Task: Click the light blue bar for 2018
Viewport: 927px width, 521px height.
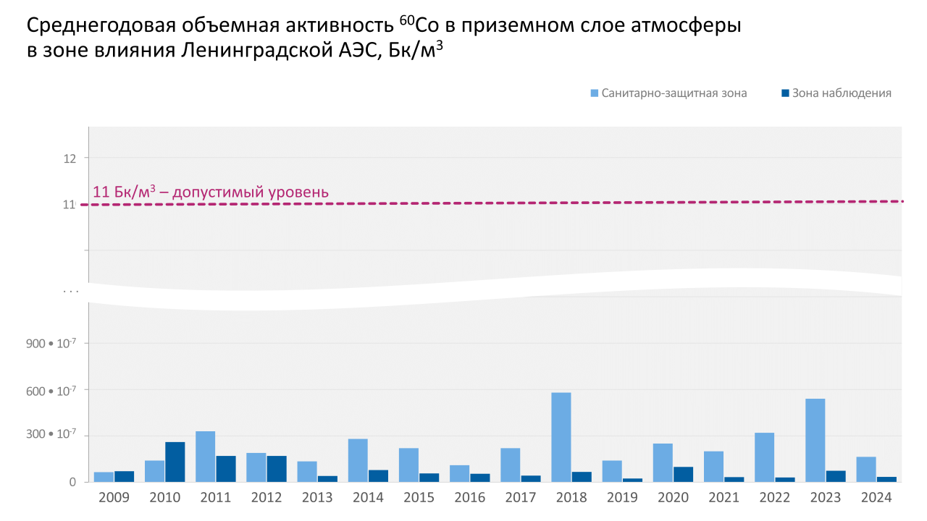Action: [561, 437]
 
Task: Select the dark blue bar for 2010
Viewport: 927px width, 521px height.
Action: [175, 462]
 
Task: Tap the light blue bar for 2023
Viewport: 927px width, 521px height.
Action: [815, 440]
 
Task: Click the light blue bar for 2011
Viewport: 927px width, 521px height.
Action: [206, 457]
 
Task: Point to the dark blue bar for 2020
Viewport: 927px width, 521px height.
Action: [683, 474]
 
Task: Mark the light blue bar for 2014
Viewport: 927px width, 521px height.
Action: [358, 460]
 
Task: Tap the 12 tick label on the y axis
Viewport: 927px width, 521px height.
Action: [70, 158]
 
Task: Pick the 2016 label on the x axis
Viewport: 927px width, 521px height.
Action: [470, 498]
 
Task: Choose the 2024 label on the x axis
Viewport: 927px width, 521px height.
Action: [876, 498]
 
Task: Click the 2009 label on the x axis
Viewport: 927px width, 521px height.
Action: [114, 498]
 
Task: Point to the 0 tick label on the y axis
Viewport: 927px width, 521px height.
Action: [73, 482]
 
